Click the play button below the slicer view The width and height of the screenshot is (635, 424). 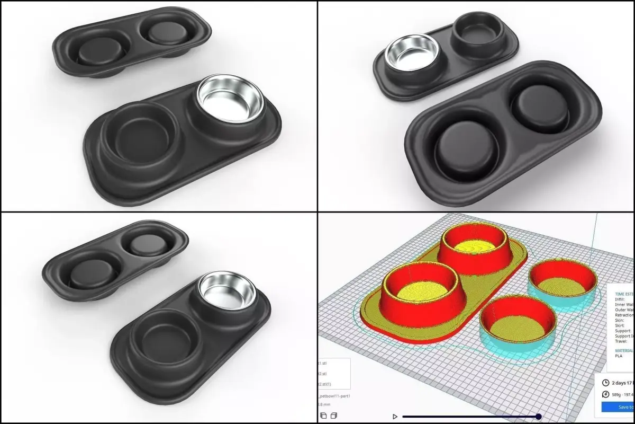pos(395,417)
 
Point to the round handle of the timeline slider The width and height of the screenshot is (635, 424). pos(539,417)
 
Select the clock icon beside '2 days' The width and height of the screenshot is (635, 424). pos(606,383)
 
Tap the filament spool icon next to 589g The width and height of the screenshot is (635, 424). pos(606,394)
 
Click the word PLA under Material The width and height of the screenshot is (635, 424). pos(619,356)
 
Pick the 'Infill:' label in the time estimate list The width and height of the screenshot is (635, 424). pos(621,299)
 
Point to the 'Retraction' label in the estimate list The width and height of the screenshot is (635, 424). pos(624,314)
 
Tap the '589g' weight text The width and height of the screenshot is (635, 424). pos(616,394)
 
